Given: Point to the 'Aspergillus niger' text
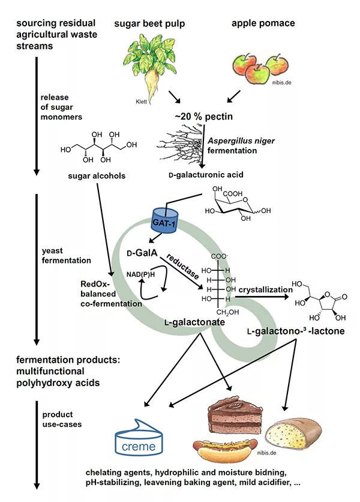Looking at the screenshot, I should click(x=234, y=140).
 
